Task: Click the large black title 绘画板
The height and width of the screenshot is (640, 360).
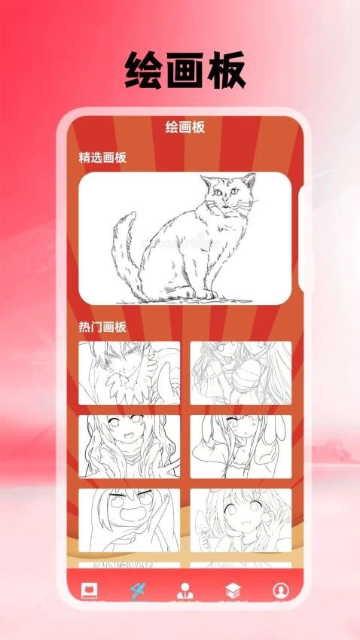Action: tap(185, 72)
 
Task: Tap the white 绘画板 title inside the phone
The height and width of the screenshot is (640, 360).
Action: tap(185, 128)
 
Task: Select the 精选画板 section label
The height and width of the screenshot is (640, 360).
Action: tap(102, 157)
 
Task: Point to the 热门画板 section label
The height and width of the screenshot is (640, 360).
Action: tap(102, 327)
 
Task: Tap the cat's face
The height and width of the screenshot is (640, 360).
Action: tap(227, 197)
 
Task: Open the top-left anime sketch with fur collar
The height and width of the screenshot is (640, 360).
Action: tap(129, 373)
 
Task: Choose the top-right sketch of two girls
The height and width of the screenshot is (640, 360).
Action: tap(240, 373)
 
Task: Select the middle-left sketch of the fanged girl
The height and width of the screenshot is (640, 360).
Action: tap(129, 446)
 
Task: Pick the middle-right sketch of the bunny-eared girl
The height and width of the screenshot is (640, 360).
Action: tap(240, 446)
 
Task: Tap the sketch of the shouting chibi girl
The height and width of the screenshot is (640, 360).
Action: tap(129, 520)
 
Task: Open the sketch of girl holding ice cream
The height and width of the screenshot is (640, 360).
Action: tap(240, 520)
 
